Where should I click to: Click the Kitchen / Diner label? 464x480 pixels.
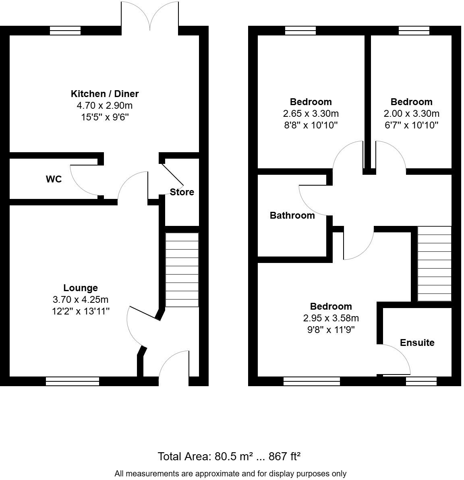(x=105, y=94)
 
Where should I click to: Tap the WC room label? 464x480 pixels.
(x=54, y=179)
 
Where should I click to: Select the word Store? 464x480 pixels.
(x=182, y=192)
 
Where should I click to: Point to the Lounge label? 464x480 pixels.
(x=81, y=288)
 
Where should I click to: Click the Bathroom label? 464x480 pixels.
(x=292, y=215)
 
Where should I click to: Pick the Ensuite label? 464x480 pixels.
(x=417, y=343)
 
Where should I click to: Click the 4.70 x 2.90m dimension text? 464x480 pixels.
(x=105, y=106)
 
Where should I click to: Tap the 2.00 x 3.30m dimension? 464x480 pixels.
(x=411, y=114)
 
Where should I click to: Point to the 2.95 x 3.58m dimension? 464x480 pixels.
(x=331, y=318)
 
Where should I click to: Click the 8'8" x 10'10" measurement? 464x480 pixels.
(x=311, y=125)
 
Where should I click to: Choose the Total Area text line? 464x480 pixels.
(x=229, y=457)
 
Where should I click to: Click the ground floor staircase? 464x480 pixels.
(x=182, y=270)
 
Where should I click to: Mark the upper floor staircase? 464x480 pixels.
(x=434, y=264)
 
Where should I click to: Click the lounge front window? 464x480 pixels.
(x=72, y=381)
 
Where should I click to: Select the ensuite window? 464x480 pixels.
(x=421, y=381)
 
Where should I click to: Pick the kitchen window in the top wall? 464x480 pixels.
(x=65, y=31)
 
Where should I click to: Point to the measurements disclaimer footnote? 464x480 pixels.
(x=230, y=474)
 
